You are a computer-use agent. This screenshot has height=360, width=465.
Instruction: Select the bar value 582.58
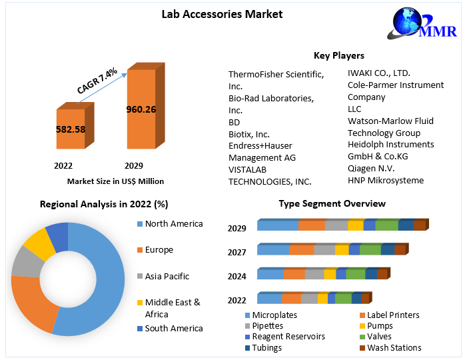[x=70, y=129]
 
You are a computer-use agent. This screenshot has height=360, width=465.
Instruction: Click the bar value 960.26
[x=141, y=109]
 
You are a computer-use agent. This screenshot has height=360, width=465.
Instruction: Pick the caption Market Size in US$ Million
[x=115, y=181]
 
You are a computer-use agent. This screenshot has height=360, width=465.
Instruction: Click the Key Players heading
[x=338, y=55]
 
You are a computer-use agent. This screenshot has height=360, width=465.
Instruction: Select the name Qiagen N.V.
[x=371, y=168]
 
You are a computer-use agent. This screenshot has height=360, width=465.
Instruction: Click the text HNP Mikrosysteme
[x=386, y=180]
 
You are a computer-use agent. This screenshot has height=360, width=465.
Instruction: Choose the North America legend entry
[x=173, y=223]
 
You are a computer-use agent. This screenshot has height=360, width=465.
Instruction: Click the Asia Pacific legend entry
[x=167, y=276]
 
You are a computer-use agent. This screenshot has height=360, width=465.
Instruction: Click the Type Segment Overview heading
[x=332, y=203]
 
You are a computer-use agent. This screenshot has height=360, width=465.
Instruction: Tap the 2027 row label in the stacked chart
[x=236, y=252]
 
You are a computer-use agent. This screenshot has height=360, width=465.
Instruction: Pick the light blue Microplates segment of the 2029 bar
[x=277, y=225]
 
